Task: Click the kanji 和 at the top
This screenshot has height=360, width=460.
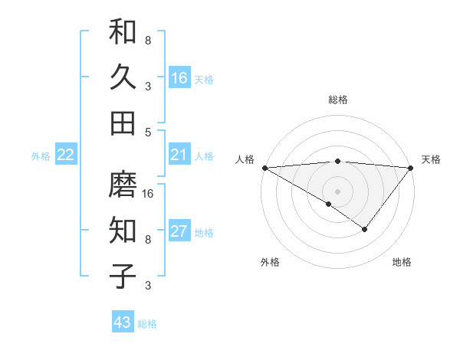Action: pyautogui.click(x=123, y=32)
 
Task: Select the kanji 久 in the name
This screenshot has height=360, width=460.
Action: pyautogui.click(x=123, y=77)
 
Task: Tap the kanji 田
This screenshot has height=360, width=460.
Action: pyautogui.click(x=123, y=123)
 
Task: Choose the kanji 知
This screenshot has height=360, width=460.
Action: pyautogui.click(x=123, y=231)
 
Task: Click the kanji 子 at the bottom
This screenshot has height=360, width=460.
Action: pyautogui.click(x=123, y=276)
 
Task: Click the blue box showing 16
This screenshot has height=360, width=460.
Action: pyautogui.click(x=179, y=77)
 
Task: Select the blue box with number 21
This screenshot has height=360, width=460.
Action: pyautogui.click(x=179, y=155)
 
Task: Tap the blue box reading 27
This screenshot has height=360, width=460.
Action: pyautogui.click(x=179, y=231)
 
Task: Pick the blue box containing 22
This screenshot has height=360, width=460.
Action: pyautogui.click(x=66, y=155)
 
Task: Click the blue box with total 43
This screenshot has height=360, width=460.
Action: pyautogui.click(x=123, y=322)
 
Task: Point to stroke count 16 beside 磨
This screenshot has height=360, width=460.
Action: pyautogui.click(x=149, y=194)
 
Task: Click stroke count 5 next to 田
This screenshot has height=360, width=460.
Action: pyautogui.click(x=148, y=132)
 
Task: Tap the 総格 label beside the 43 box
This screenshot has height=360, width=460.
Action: pyautogui.click(x=147, y=324)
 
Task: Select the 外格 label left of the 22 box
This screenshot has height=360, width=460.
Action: pyautogui.click(x=41, y=156)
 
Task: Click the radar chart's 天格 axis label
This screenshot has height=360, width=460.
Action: pyautogui.click(x=431, y=159)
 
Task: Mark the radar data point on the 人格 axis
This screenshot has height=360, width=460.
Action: pyautogui.click(x=264, y=168)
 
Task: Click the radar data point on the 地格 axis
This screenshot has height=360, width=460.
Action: pyautogui.click(x=365, y=229)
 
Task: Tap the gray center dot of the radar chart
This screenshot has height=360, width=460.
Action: pyautogui.click(x=337, y=191)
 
